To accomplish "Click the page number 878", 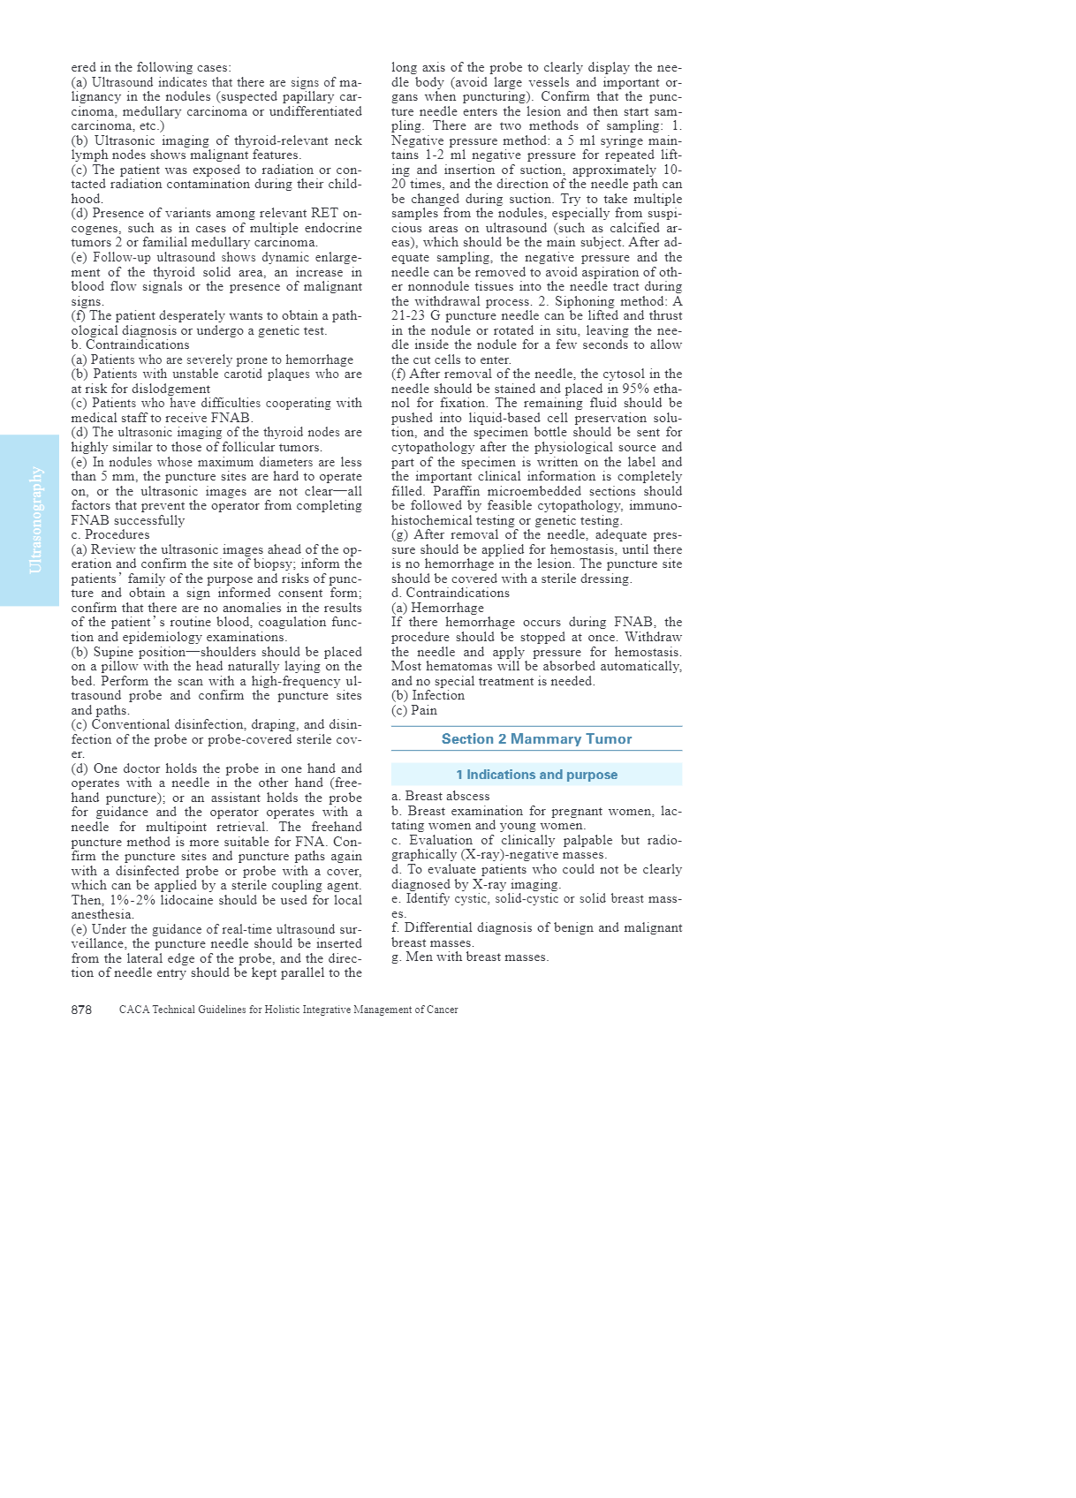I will tap(81, 1010).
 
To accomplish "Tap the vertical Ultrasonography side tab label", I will tap(35, 520).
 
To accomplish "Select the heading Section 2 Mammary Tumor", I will tap(536, 739).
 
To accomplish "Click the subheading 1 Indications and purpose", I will tap(536, 775).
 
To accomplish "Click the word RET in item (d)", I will tap(324, 213).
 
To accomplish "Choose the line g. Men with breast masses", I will tap(469, 957).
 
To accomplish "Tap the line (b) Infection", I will tap(428, 695).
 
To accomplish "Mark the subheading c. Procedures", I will tap(110, 534).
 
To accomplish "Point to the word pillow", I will tap(109, 666).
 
